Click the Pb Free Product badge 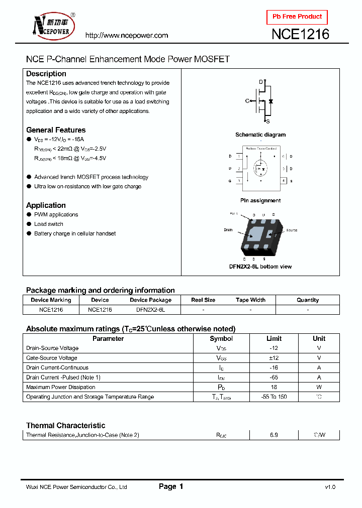tap(297, 17)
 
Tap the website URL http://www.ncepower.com tap(126, 35)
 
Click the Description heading tap(46, 74)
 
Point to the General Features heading tap(56, 130)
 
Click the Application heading tap(46, 205)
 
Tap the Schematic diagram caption tap(260, 135)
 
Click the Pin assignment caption tap(260, 200)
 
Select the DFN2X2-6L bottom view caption tap(260, 267)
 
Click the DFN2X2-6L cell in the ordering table tap(150, 310)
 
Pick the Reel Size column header tap(203, 300)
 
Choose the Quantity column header tap(308, 300)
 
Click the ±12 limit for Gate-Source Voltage tap(274, 358)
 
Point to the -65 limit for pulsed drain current tap(274, 377)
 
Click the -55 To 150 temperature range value tap(274, 397)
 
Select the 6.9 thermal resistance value tap(274, 435)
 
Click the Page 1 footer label tap(171, 486)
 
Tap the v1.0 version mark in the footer tap(330, 487)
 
